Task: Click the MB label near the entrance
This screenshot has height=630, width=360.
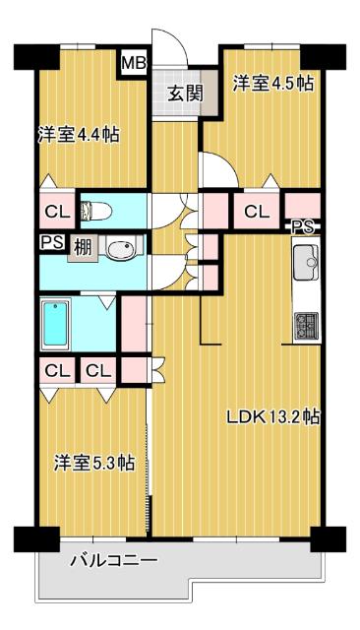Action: [x=132, y=65]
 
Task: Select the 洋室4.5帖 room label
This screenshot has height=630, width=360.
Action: [x=272, y=84]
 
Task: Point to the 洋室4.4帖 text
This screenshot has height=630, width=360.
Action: [x=79, y=134]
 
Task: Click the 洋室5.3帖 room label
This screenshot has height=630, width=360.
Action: [x=94, y=462]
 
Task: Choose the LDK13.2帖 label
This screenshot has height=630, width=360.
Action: [x=272, y=416]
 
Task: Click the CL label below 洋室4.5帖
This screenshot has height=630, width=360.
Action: [x=257, y=210]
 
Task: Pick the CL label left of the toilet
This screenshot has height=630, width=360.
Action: [x=55, y=210]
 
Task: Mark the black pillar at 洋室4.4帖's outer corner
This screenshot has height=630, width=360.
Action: [x=26, y=56]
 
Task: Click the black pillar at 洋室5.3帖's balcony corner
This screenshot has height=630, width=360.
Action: [x=28, y=539]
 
